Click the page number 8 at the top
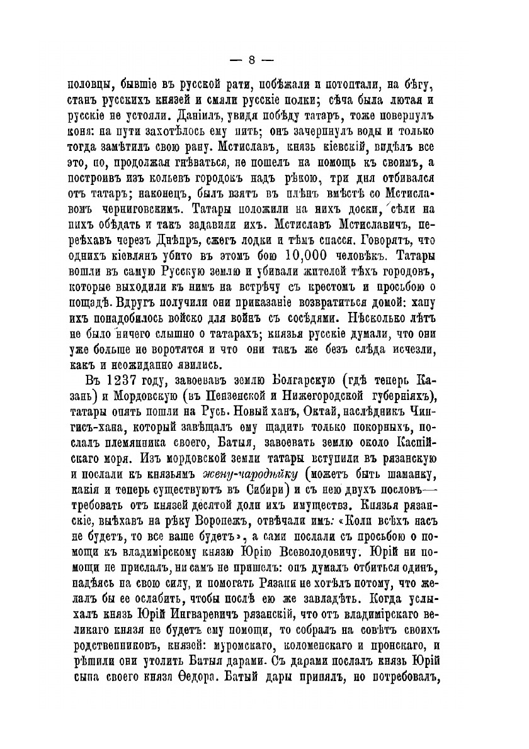click(x=250, y=60)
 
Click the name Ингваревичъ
click(x=253, y=625)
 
